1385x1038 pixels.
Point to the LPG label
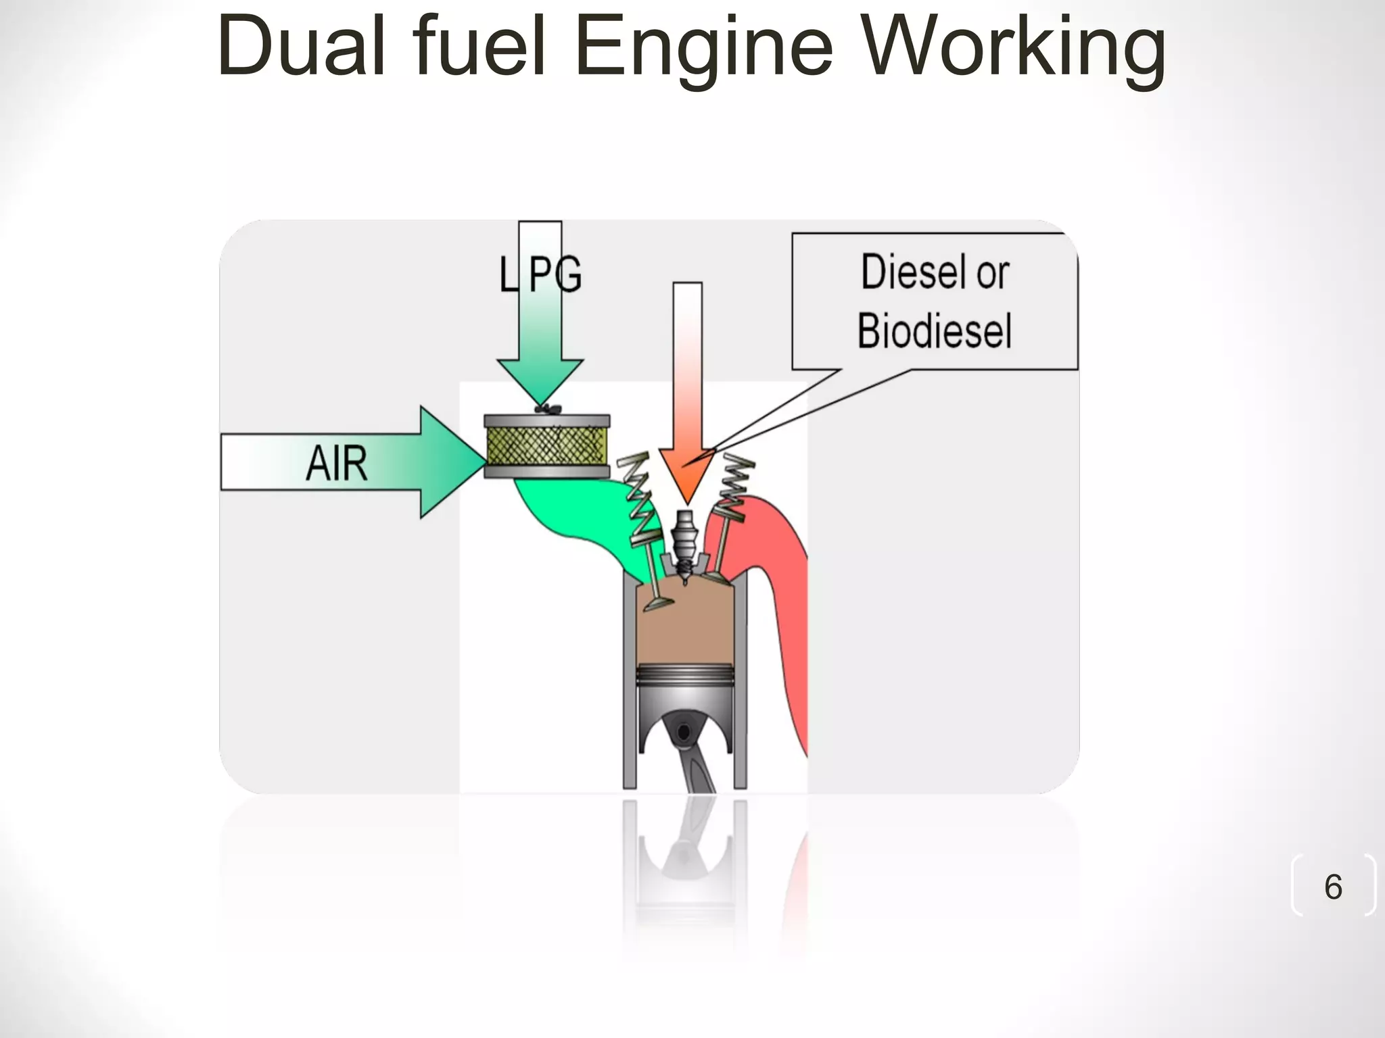tap(540, 274)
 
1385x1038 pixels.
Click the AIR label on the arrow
tap(336, 464)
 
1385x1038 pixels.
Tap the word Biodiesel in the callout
tap(935, 331)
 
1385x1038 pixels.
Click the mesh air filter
tap(547, 446)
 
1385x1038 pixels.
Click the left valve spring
tap(639, 500)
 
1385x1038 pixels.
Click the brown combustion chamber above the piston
tap(686, 628)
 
